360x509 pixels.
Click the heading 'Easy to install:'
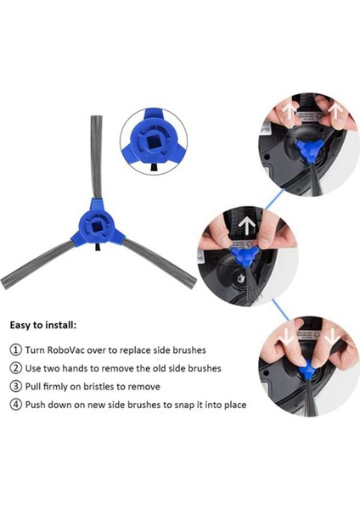click(x=43, y=325)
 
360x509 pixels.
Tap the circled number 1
click(x=16, y=350)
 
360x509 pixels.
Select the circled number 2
click(x=16, y=368)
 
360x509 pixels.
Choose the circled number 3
click(x=16, y=386)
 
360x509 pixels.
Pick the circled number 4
click(x=16, y=405)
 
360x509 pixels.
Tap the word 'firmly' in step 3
click(x=60, y=386)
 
